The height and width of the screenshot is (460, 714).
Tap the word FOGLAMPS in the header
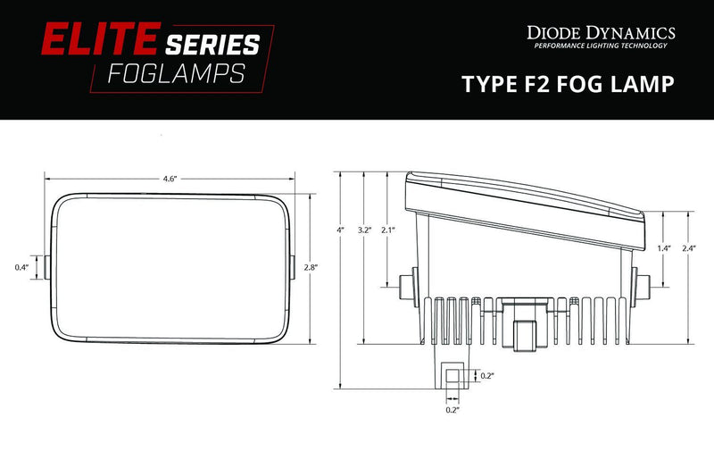pyautogui.click(x=176, y=73)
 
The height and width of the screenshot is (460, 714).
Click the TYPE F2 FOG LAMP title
pyautogui.click(x=567, y=84)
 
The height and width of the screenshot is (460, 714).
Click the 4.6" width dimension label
pyautogui.click(x=170, y=179)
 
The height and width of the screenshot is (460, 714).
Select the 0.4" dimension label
pyautogui.click(x=21, y=267)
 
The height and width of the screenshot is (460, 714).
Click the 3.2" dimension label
pyautogui.click(x=363, y=230)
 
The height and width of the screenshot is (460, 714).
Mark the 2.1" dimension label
pyautogui.click(x=387, y=230)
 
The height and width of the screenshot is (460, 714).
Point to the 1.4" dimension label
pyautogui.click(x=663, y=247)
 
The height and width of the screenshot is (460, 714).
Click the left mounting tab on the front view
pyautogui.click(x=46, y=267)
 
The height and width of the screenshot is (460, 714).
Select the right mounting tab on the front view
pyautogui.click(x=294, y=267)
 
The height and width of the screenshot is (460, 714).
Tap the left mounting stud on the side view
pyautogui.click(x=406, y=287)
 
